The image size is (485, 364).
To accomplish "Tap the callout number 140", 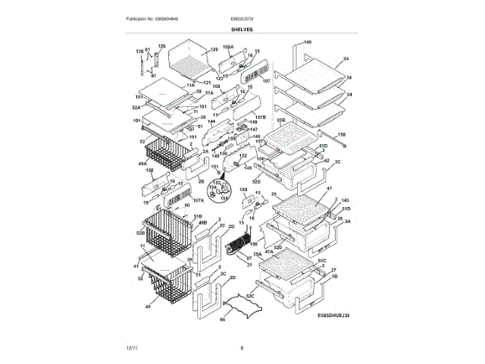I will coord(308,42).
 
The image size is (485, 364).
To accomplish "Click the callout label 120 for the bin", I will coord(203,50).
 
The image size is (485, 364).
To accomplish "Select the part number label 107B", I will coord(260,118).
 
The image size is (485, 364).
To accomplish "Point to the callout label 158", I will coord(341,134).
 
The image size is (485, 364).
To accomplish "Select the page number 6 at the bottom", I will coord(242,348).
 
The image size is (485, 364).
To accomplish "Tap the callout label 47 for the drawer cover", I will coord(329,187).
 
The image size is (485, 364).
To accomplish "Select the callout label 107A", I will coord(199,201).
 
